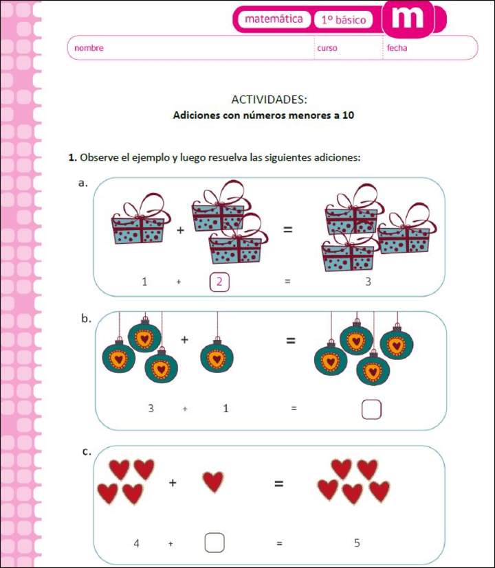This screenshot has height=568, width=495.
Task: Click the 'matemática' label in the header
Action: click(x=273, y=19)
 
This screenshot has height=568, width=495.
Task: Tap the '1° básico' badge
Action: click(x=343, y=20)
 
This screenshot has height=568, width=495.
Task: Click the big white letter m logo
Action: click(x=407, y=17)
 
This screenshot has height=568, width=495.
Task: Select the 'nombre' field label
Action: click(x=89, y=48)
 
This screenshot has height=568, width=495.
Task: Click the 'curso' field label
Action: click(x=327, y=48)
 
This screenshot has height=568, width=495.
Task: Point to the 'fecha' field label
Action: click(x=397, y=48)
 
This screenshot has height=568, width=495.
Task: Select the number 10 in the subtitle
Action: click(x=348, y=115)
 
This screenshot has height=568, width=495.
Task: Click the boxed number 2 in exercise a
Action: click(x=219, y=282)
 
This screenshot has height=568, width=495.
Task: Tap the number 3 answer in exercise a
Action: click(x=368, y=282)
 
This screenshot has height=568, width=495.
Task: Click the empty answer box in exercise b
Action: click(x=371, y=409)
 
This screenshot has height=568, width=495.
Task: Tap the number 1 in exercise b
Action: click(x=225, y=409)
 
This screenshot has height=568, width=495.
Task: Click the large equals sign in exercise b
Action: click(x=291, y=340)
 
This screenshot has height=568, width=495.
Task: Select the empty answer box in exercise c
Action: click(x=214, y=543)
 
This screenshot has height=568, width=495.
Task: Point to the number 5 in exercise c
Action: click(x=357, y=543)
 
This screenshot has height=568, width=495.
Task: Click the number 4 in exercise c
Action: click(x=137, y=543)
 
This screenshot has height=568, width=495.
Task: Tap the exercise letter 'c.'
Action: click(x=87, y=451)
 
